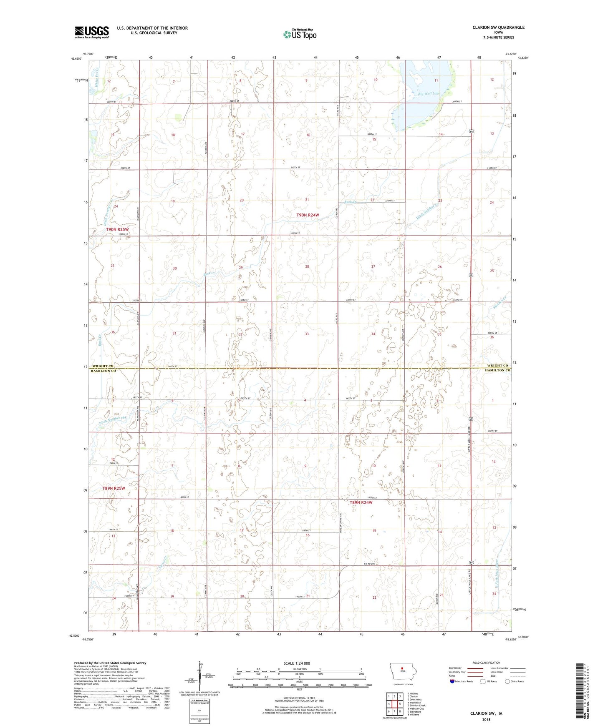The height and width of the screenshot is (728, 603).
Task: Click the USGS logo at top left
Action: tap(92, 32)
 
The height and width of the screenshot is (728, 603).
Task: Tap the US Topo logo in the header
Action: tap(299, 34)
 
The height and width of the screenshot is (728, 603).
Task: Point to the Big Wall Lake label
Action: tap(429, 94)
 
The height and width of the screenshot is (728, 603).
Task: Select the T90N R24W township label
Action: tap(308, 215)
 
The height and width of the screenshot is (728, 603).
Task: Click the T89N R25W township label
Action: tap(114, 488)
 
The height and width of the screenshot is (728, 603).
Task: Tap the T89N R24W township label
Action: tap(361, 502)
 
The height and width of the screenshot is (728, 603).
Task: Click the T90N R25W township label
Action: tap(117, 230)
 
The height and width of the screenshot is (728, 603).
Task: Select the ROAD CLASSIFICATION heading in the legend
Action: tap(486, 663)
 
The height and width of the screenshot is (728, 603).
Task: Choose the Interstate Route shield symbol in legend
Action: tap(452, 681)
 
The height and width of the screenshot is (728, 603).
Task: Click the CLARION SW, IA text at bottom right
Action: tap(486, 713)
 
